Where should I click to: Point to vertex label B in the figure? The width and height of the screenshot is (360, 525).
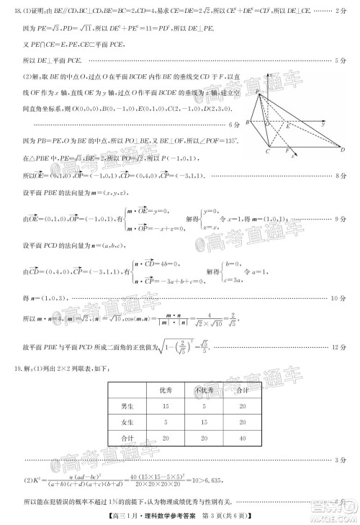(248, 123)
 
